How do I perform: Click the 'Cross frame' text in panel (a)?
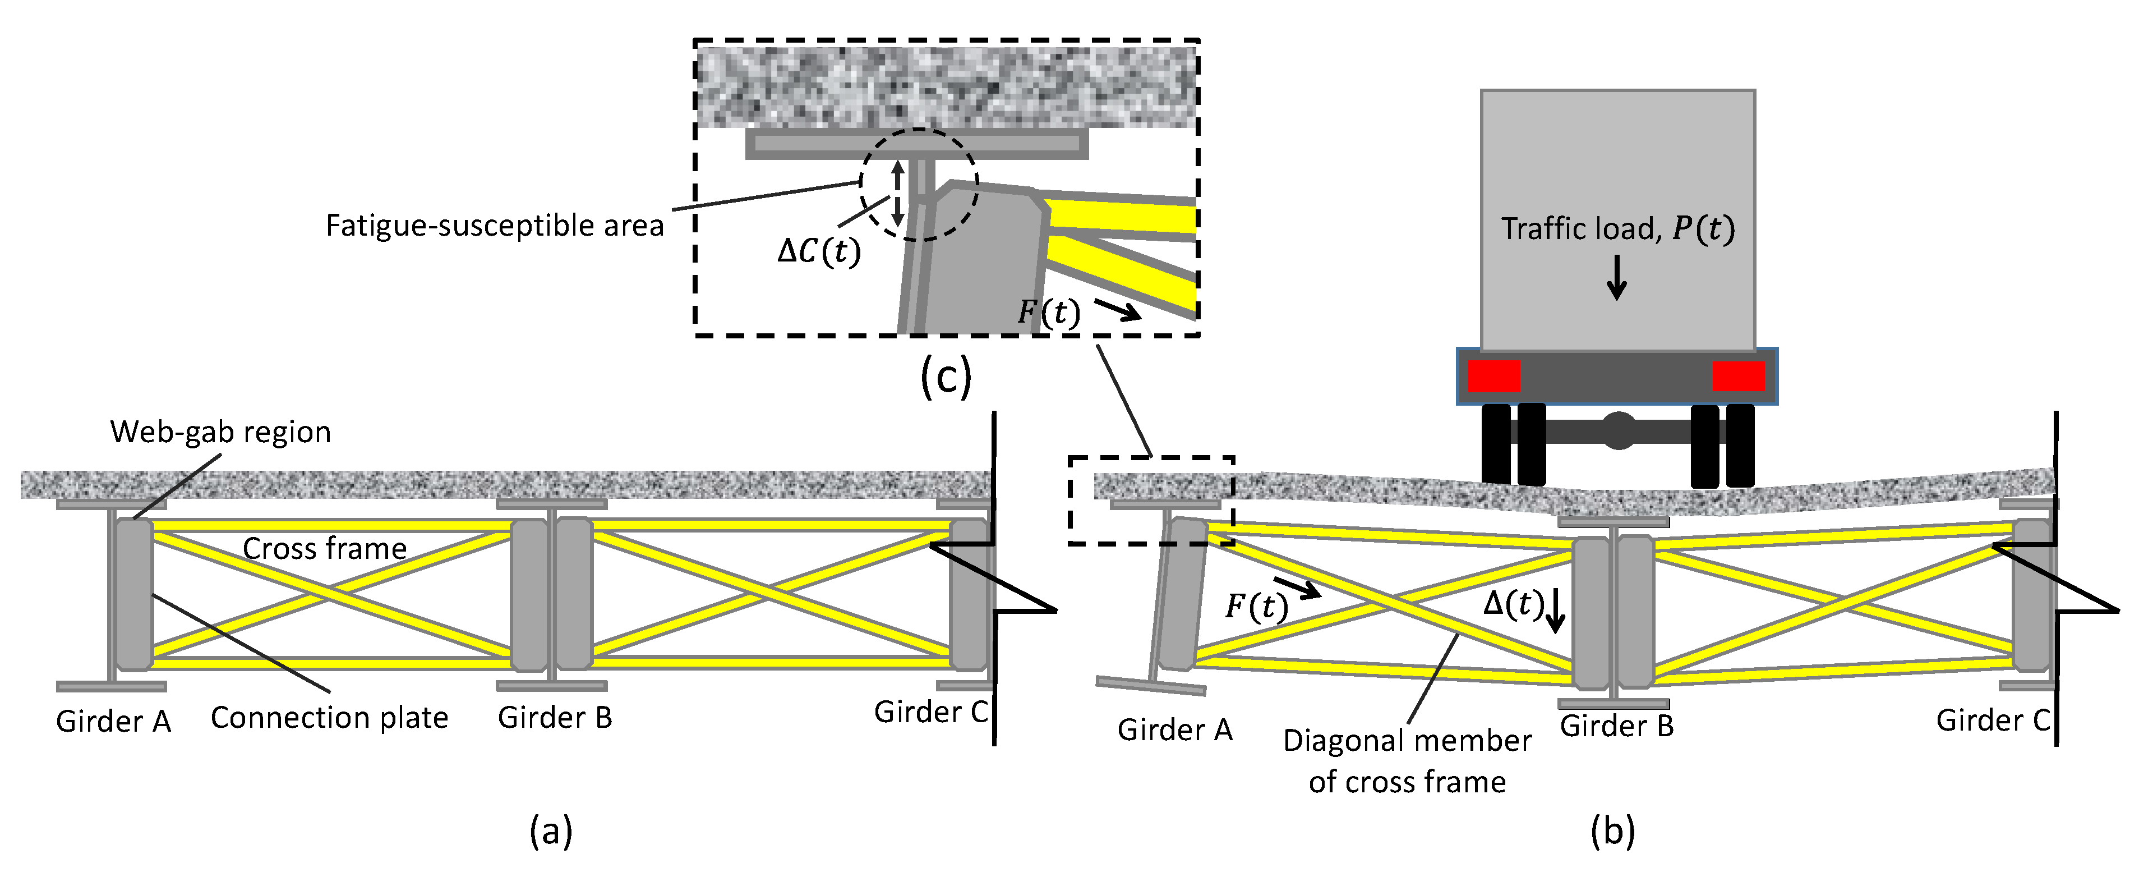coord(325,549)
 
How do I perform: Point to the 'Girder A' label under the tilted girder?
coord(1174,730)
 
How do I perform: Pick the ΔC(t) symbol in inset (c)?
coord(819,251)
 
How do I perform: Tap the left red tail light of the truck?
coord(1493,376)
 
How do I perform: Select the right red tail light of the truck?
coord(1738,376)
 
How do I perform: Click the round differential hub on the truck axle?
coord(1617,431)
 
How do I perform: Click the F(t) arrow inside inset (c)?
coord(1117,311)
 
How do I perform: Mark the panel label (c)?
coord(946,378)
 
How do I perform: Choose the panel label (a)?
coord(551,830)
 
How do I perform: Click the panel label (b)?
coord(1612,830)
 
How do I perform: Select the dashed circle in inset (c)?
coord(919,185)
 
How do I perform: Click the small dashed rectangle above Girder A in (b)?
coord(1151,500)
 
